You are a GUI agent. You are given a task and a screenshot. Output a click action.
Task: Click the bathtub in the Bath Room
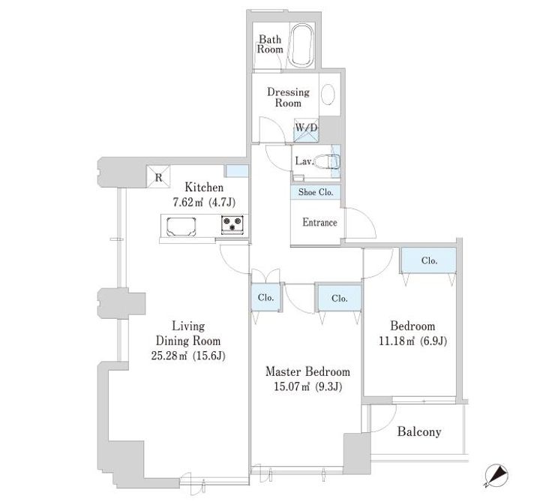pos(301,45)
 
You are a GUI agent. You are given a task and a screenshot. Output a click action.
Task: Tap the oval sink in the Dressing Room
pos(328,94)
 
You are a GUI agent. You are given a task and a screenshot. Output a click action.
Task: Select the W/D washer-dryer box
pos(306,130)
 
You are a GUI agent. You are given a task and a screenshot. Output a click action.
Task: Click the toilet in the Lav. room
pos(326,161)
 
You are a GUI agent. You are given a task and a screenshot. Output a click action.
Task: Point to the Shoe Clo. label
pos(316,192)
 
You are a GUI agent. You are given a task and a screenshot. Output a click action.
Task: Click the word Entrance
pos(319,222)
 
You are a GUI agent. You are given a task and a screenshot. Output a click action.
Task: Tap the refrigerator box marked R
pos(158,177)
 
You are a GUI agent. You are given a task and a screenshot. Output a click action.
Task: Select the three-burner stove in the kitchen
pos(232,224)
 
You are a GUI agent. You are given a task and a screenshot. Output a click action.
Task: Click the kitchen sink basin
pos(181,227)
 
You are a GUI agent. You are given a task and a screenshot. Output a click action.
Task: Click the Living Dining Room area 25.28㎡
pos(169,356)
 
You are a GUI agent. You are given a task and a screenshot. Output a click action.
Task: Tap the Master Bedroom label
pos(308,371)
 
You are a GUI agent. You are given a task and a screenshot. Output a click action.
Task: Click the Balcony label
pos(419,431)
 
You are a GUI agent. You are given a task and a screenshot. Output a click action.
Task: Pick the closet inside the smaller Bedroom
pos(429,261)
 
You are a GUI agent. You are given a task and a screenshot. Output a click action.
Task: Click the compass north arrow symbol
pos(496,476)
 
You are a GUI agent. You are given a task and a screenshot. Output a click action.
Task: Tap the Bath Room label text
pos(270,44)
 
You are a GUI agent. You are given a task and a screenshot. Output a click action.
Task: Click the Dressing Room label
pos(288,97)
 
